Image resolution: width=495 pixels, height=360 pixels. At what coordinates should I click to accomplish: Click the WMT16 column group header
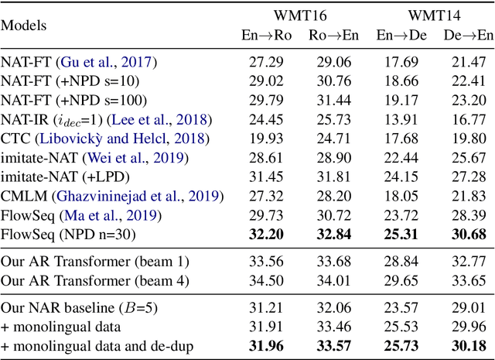tap(299, 15)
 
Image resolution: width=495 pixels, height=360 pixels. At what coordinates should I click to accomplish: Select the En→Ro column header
tap(264, 35)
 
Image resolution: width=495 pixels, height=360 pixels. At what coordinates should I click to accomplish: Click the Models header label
tap(23, 26)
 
